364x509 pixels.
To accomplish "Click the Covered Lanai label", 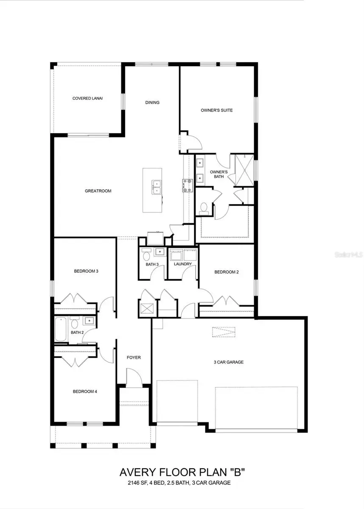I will point(87,98).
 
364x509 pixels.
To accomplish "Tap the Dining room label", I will point(152,102).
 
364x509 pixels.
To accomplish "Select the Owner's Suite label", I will point(217,110).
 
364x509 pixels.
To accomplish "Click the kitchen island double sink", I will point(157,187).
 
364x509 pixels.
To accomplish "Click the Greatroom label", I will point(98,191).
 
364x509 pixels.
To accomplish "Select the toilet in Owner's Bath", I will point(204,208).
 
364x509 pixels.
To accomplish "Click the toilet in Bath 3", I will point(146,256).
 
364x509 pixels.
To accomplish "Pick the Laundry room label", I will point(183,264).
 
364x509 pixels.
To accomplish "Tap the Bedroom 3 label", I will point(86,271).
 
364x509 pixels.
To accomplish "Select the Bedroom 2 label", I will point(226,272).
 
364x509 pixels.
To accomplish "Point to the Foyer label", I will point(134,358).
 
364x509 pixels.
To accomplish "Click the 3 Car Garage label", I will point(228,362).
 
